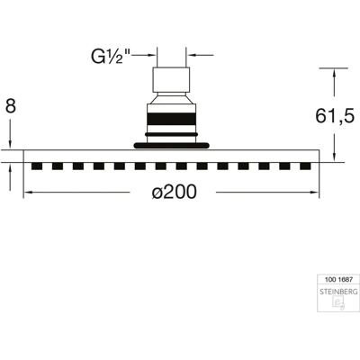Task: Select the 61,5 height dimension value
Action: (x=335, y=116)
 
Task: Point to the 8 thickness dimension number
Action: (x=11, y=106)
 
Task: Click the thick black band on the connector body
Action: (x=171, y=119)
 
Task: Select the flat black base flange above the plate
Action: (x=171, y=146)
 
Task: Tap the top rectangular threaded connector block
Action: (x=171, y=80)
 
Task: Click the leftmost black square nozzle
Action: (x=37, y=166)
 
